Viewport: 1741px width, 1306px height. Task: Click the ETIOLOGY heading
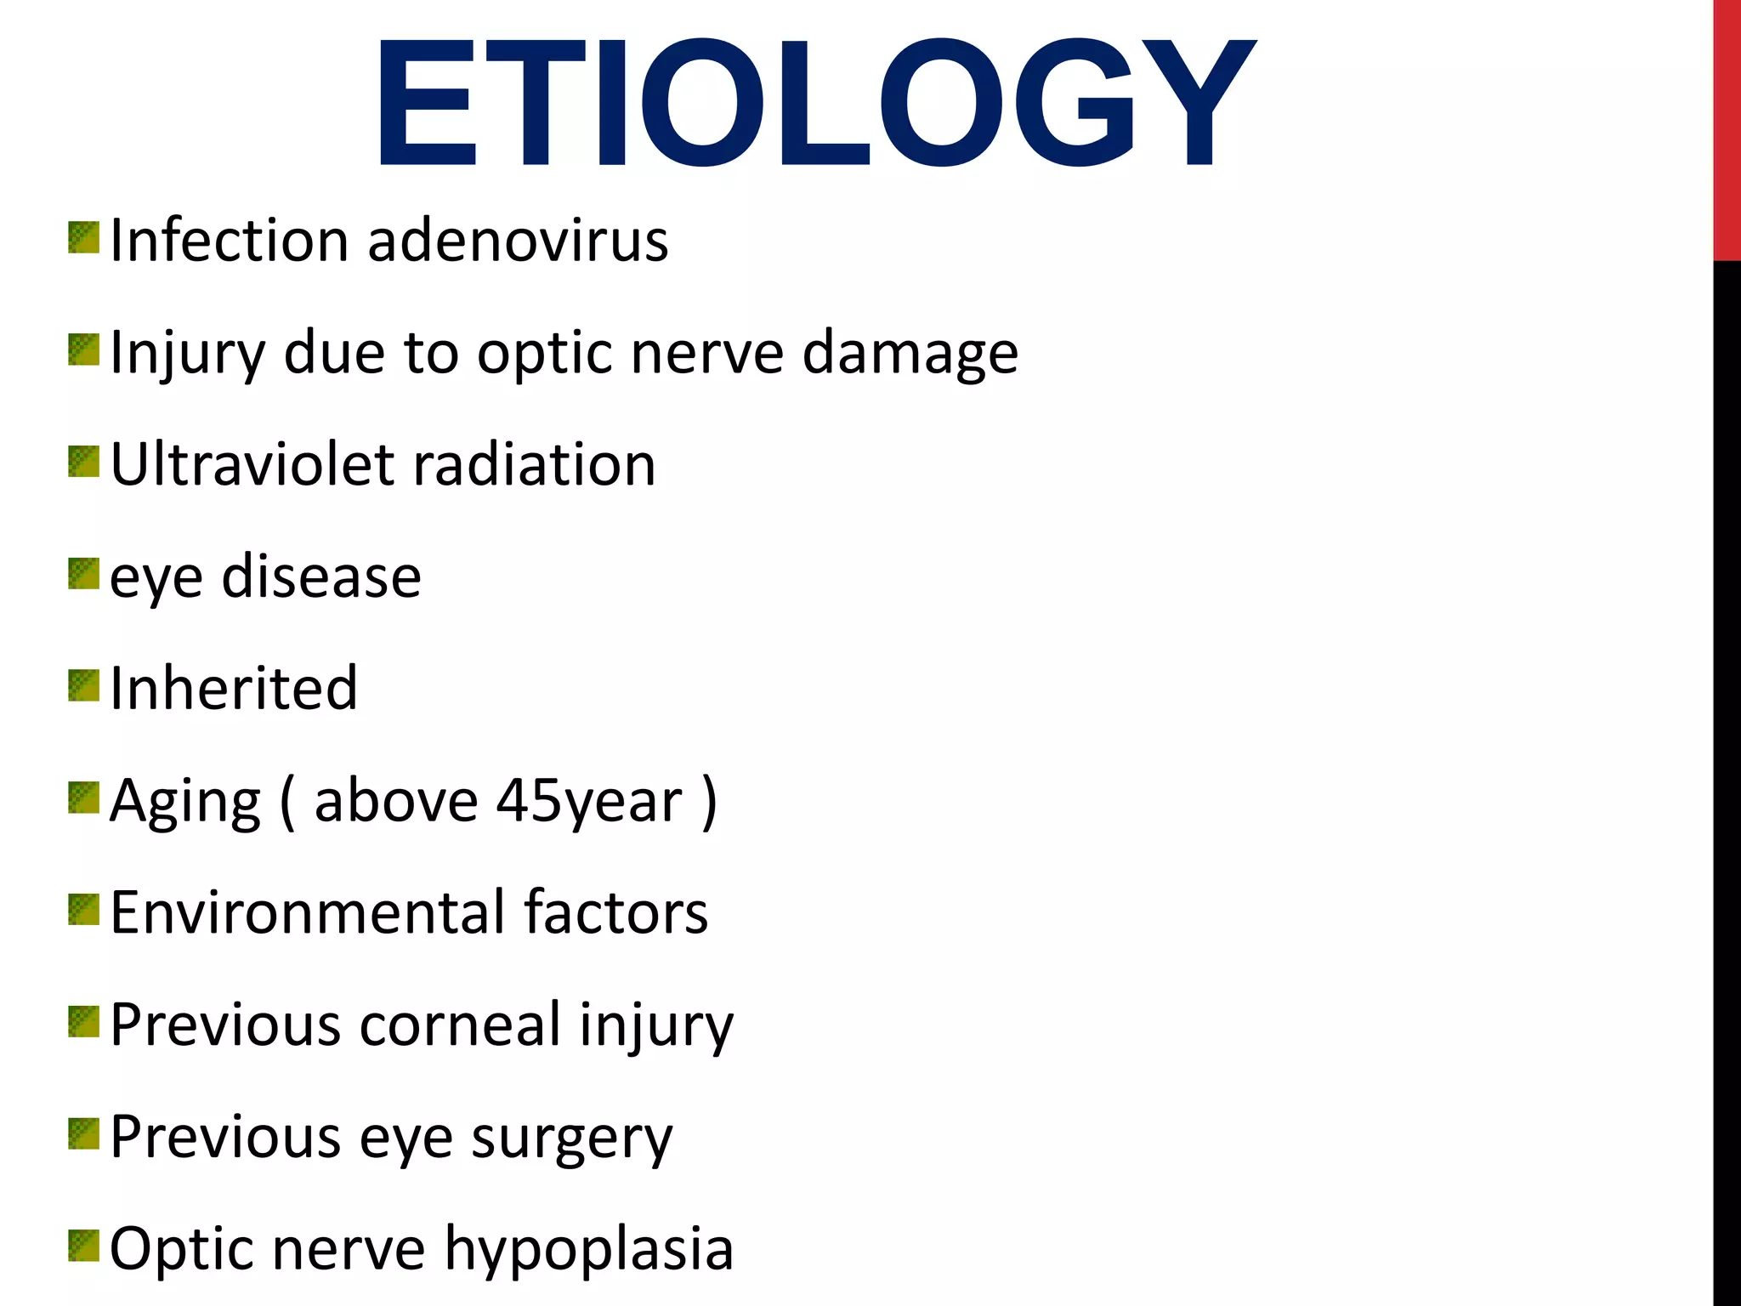point(814,104)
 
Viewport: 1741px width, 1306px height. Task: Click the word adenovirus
point(518,241)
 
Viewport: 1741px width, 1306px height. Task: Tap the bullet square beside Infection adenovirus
point(83,238)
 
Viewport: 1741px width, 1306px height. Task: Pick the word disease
point(321,576)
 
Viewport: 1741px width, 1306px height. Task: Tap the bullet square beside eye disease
point(83,574)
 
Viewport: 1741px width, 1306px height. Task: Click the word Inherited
point(234,688)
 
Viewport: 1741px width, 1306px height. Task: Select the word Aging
point(185,801)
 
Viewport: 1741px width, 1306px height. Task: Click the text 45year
point(589,801)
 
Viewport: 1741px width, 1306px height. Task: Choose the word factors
point(615,912)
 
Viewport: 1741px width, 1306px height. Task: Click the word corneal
point(460,1025)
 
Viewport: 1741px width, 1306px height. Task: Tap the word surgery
point(571,1138)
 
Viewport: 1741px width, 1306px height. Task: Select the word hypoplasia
point(588,1250)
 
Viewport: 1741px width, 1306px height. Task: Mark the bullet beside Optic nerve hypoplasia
point(83,1246)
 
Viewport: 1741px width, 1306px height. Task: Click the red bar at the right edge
point(1727,128)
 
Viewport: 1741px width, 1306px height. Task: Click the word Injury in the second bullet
point(188,354)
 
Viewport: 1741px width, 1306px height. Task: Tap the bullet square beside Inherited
point(83,685)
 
